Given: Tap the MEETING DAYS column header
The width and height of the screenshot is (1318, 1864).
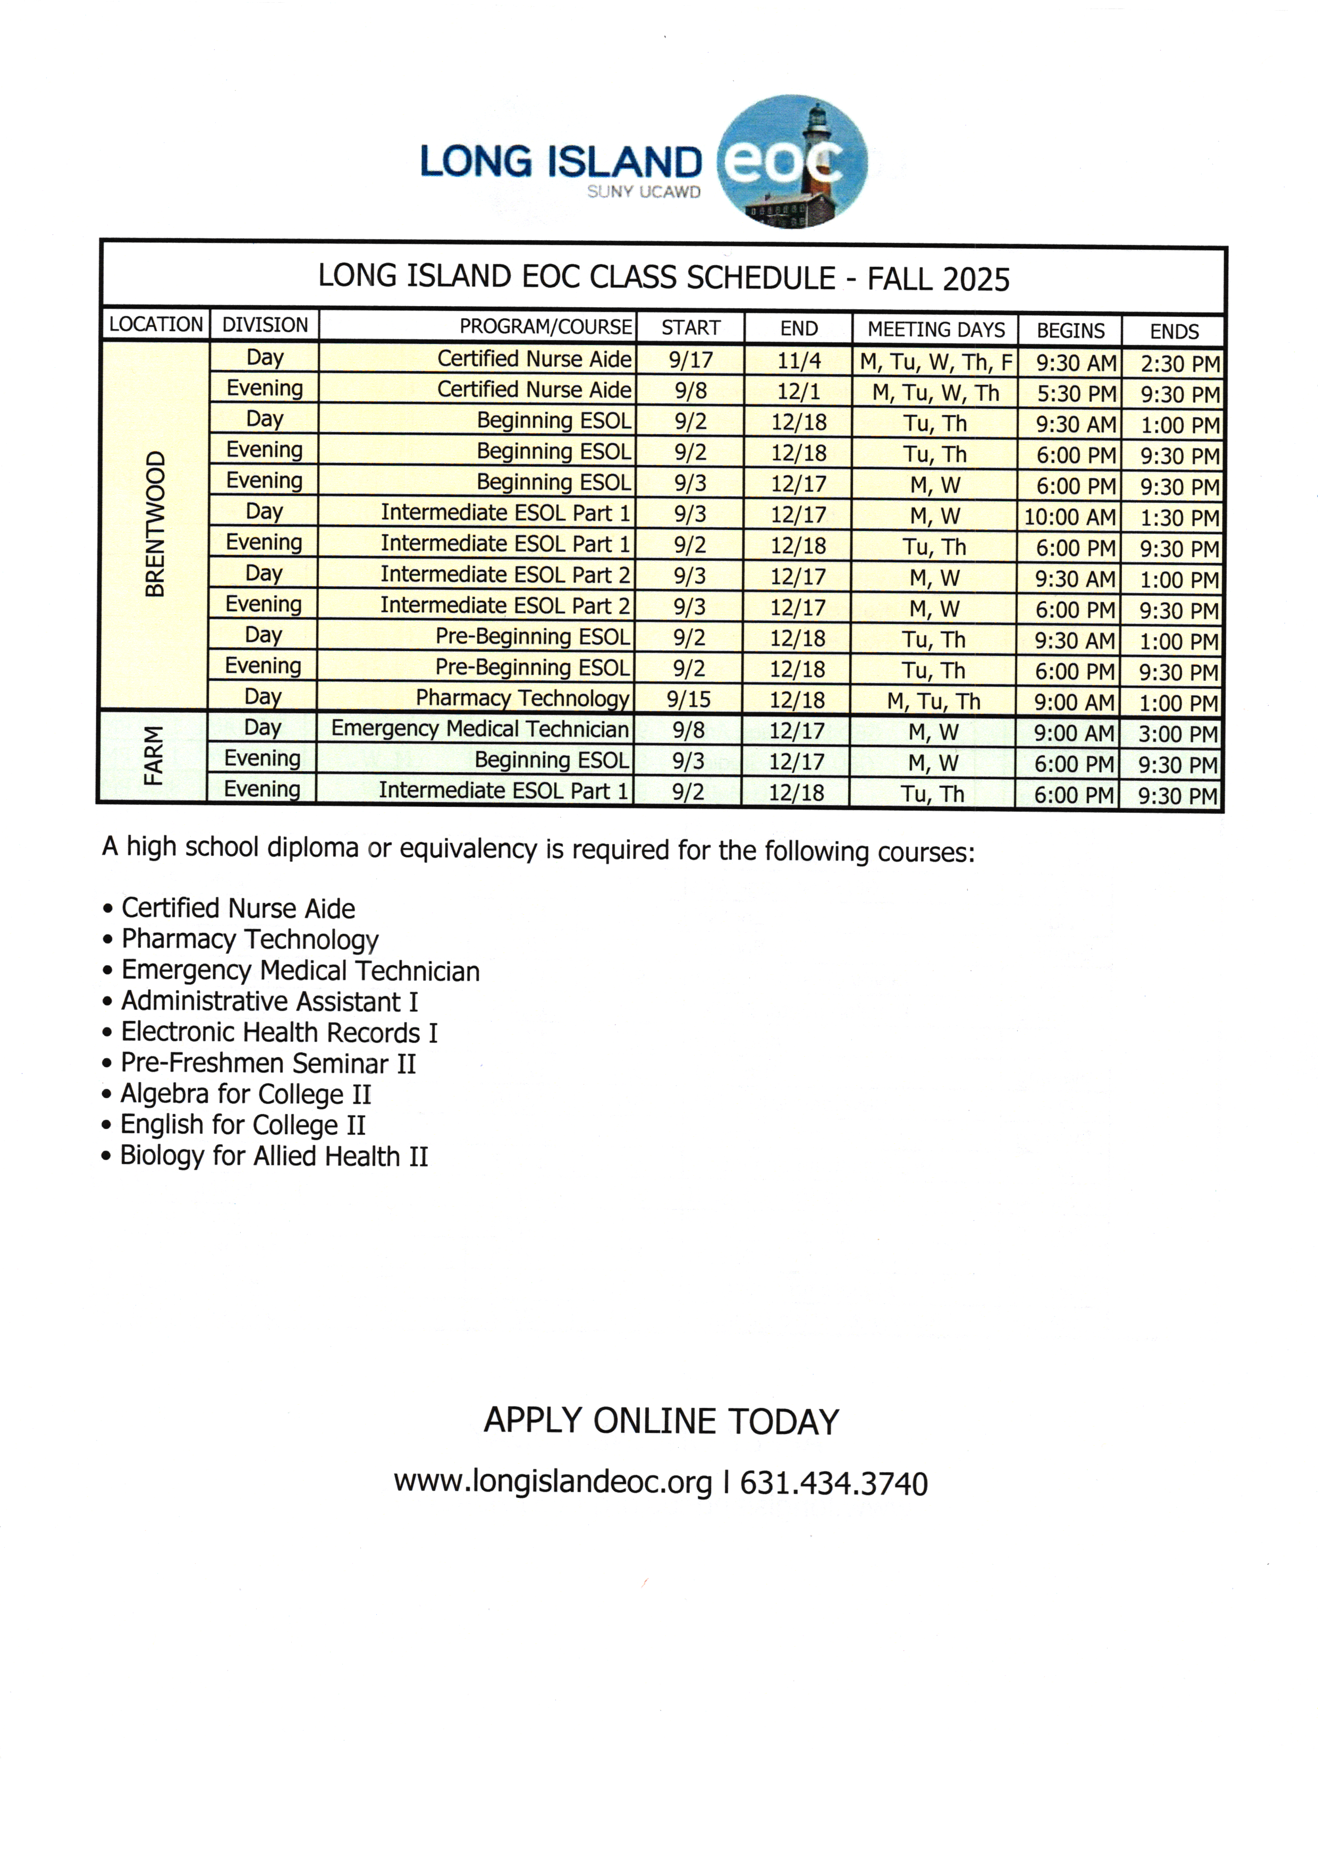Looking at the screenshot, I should [936, 329].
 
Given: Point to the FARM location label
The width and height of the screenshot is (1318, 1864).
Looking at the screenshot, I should [153, 756].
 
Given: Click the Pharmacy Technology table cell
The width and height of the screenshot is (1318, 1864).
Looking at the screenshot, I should [522, 698].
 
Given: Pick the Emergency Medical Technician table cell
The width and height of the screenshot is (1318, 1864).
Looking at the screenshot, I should [480, 729].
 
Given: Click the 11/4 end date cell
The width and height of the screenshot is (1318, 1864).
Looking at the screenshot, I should [799, 360].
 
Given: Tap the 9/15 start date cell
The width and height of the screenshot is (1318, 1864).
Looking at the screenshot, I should [688, 699].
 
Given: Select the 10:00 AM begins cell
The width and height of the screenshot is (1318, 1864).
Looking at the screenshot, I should [1069, 516].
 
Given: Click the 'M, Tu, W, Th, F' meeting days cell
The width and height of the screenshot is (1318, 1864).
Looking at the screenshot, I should [936, 361].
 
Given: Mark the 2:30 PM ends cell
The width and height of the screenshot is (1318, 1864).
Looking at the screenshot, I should [1180, 363].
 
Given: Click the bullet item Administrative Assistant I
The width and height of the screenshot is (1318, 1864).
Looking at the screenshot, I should [269, 1002].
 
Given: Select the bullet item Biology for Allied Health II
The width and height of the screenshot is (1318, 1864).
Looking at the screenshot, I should [274, 1156].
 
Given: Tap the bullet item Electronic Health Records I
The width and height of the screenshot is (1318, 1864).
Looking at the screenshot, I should [279, 1033].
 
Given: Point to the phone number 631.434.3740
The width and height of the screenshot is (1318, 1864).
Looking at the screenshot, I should [833, 1483].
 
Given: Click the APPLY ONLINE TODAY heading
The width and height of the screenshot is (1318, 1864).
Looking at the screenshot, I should [661, 1421].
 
